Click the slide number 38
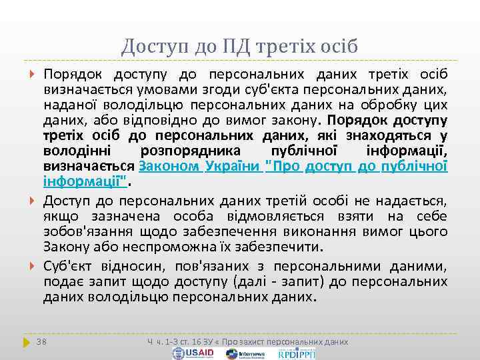coord(42,341)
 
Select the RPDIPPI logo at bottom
coord(297,353)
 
